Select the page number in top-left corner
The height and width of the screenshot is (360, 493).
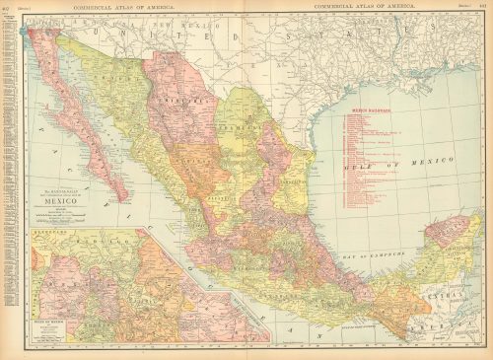(x=7, y=7)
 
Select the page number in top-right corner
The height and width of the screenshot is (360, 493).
(x=485, y=7)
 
